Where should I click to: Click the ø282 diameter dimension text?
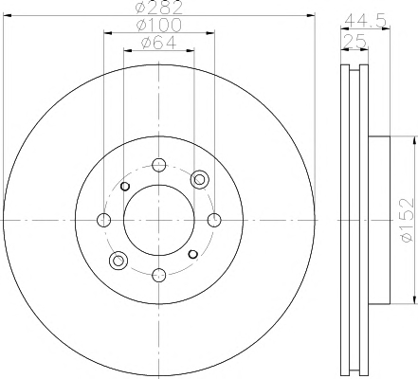click(159, 8)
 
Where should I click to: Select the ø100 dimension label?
click(159, 26)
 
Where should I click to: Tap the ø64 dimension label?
click(159, 43)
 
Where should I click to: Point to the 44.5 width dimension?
click(366, 21)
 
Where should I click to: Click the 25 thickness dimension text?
click(354, 42)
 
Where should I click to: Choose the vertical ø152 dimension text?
click(407, 220)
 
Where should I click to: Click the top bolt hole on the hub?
click(159, 165)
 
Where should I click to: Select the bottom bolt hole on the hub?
click(159, 275)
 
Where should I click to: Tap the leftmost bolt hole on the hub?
click(104, 220)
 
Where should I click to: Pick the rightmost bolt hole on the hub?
click(214, 220)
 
